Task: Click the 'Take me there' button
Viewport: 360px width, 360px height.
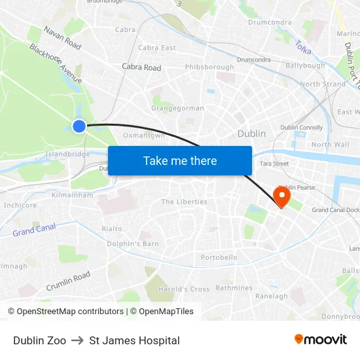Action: point(180,160)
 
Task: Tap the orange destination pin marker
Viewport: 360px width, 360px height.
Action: point(283,196)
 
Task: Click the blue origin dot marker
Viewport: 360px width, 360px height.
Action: point(79,126)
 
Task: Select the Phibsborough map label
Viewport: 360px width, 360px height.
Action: point(209,67)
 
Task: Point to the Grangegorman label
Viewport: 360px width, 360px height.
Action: point(177,109)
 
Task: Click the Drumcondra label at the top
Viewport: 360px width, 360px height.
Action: point(270,22)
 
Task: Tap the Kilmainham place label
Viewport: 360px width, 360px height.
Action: point(72,195)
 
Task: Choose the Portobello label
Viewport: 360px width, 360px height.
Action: point(219,258)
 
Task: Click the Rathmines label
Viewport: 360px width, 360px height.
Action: point(234,288)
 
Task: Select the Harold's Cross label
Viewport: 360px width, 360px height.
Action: point(184,289)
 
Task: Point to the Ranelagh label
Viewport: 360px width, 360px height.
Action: point(271,297)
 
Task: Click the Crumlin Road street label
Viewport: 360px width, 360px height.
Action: point(68,281)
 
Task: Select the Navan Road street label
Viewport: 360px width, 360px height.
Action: point(62,38)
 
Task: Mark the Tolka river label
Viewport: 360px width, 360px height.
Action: point(303,48)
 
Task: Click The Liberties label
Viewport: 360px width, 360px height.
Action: point(184,202)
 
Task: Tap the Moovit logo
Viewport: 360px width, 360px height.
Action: point(320,340)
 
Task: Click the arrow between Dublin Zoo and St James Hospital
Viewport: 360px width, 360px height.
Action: point(77,340)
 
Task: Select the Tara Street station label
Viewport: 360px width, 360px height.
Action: point(274,164)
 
